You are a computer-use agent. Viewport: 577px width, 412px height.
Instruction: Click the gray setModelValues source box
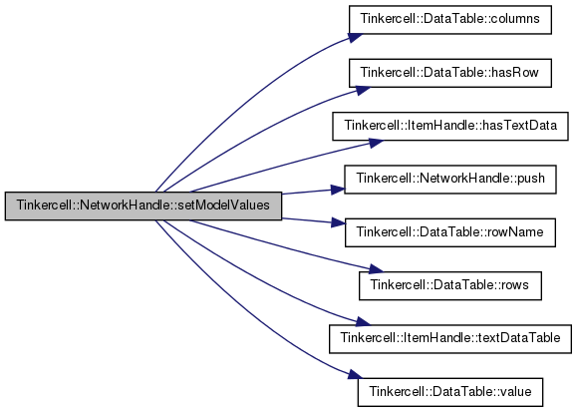[144, 206]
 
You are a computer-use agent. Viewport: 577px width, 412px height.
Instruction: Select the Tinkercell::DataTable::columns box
[450, 20]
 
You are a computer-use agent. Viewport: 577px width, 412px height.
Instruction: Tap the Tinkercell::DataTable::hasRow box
[450, 73]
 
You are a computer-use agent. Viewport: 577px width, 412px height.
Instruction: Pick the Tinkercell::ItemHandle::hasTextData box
[450, 126]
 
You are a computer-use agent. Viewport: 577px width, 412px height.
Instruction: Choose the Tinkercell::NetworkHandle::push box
[450, 180]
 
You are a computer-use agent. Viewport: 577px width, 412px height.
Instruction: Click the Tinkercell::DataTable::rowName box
[450, 232]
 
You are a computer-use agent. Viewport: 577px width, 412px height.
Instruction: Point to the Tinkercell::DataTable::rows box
[450, 285]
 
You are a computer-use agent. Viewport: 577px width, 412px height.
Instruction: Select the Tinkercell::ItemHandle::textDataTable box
[450, 338]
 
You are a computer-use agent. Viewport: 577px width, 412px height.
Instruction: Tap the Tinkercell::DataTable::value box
[450, 392]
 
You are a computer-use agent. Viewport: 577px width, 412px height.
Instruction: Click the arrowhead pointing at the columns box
[356, 38]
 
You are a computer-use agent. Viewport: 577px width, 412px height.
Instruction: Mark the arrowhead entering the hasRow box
[363, 91]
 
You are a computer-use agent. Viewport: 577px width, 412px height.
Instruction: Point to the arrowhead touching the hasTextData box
[376, 143]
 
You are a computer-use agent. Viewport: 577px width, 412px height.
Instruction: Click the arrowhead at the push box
[338, 190]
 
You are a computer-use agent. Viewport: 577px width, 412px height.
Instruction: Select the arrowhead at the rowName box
[339, 222]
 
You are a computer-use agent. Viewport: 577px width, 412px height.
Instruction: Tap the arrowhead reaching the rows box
[376, 269]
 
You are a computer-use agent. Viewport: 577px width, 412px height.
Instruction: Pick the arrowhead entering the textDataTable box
[363, 321]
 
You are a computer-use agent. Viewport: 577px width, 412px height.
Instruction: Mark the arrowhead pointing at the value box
[355, 375]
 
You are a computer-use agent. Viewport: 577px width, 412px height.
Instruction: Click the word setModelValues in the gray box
[224, 206]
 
